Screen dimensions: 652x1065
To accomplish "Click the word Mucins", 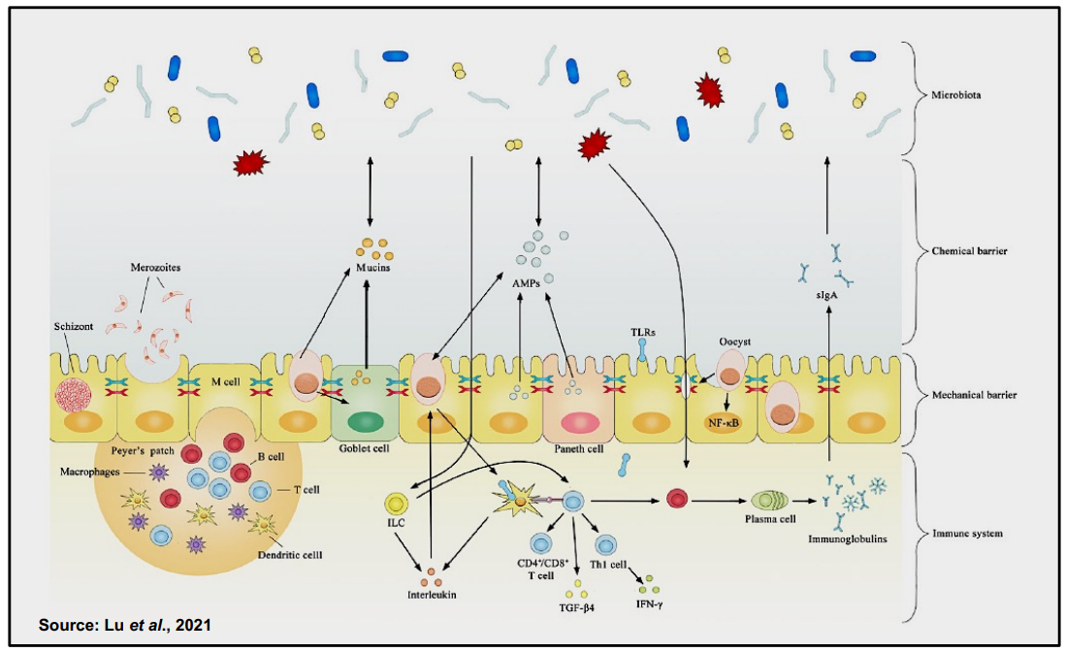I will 372,267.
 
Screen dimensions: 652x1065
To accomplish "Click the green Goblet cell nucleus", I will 365,423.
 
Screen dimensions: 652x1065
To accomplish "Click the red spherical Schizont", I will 72,394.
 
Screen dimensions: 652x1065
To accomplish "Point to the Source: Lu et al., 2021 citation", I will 124,625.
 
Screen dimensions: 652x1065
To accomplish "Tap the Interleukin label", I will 432,594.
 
